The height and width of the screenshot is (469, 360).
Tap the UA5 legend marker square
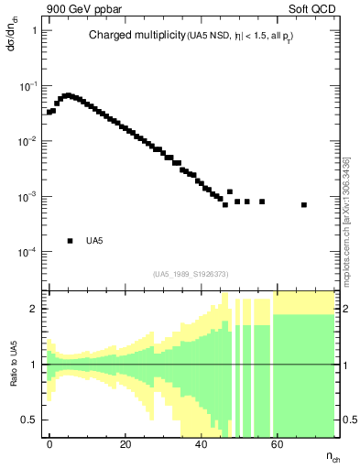tap(70, 241)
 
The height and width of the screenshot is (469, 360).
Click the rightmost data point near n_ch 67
tap(303, 204)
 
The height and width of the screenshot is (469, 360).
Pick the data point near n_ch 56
tap(262, 202)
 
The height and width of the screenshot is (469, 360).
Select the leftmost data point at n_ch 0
tap(49, 113)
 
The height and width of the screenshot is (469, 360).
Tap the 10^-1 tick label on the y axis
tap(29, 86)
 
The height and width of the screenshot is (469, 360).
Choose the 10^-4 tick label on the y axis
tap(29, 252)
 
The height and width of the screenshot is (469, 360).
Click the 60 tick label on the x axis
tap(278, 442)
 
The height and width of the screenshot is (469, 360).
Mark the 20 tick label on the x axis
tap(125, 442)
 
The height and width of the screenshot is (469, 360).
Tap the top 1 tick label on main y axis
tap(35, 30)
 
